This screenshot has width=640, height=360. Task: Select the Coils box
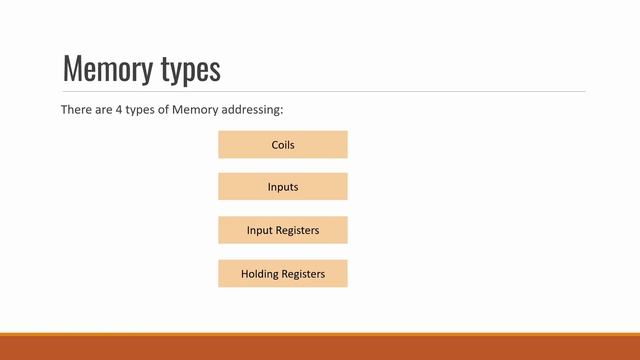click(x=283, y=144)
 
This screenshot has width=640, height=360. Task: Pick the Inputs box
click(x=283, y=187)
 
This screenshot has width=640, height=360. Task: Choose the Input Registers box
click(x=283, y=230)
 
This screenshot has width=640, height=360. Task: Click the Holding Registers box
click(x=283, y=273)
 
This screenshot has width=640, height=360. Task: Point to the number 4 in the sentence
click(x=114, y=109)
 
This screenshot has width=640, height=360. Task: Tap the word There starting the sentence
click(x=76, y=109)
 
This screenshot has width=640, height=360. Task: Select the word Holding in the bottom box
click(x=260, y=273)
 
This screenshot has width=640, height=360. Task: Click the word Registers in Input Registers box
click(x=297, y=230)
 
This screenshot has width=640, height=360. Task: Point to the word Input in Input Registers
click(x=260, y=230)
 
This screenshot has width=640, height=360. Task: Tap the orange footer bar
click(x=320, y=347)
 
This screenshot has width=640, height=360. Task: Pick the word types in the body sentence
click(x=139, y=109)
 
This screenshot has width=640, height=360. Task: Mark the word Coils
click(x=283, y=145)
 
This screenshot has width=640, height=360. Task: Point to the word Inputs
click(x=283, y=187)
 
